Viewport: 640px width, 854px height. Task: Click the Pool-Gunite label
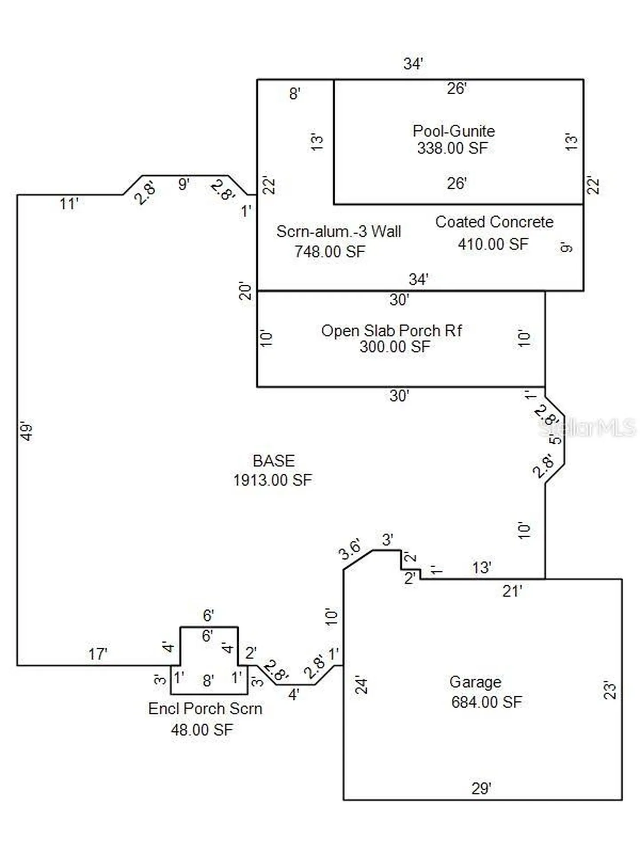[x=453, y=131]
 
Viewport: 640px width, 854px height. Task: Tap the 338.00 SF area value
[x=452, y=148]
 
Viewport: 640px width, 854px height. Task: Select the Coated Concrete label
[x=494, y=222]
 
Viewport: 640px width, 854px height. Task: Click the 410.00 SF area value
[x=493, y=244]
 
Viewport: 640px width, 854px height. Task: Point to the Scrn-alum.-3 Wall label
[x=339, y=231]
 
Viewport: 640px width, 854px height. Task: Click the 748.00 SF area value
[x=330, y=252]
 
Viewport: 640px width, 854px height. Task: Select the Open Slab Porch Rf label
[x=392, y=331]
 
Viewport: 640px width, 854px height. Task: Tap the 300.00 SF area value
[x=395, y=347]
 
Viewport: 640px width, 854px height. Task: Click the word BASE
[x=274, y=461]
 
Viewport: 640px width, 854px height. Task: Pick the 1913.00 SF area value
[x=273, y=480]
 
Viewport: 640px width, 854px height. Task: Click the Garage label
[x=475, y=682]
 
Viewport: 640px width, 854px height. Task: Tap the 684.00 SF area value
[x=487, y=702]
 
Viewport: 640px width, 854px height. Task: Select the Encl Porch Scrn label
[x=205, y=709]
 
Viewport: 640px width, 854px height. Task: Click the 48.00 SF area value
[x=202, y=730]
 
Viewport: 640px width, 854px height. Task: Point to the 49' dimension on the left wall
[x=28, y=431]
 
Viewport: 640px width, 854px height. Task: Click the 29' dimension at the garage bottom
[x=481, y=789]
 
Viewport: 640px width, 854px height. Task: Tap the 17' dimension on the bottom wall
[x=98, y=654]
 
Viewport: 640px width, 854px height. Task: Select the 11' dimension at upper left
[x=69, y=204]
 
